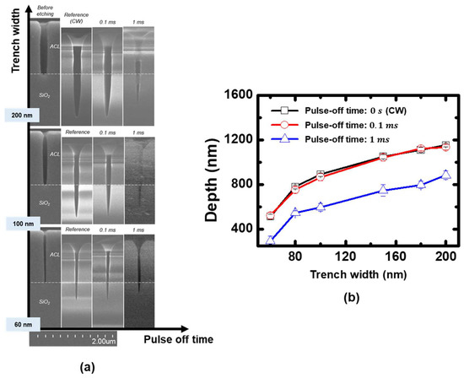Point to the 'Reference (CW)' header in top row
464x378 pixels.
click(76, 11)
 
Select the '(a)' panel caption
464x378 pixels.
click(88, 367)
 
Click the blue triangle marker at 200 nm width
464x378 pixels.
click(446, 175)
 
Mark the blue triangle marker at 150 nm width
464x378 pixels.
click(383, 191)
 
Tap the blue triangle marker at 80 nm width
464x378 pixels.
click(295, 213)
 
